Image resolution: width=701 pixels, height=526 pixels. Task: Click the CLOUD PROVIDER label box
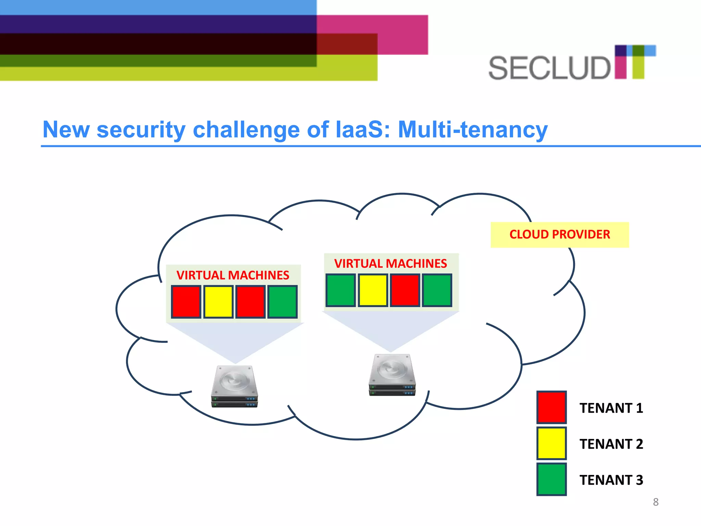(559, 235)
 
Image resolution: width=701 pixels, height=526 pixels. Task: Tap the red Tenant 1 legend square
(551, 407)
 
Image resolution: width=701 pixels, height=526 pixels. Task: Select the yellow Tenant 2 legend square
(551, 443)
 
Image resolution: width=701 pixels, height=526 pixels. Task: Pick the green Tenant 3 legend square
(551, 479)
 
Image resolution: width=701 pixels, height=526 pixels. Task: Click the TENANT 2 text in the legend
(611, 444)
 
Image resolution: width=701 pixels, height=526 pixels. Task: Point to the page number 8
(655, 502)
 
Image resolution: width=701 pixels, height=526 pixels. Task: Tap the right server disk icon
(392, 375)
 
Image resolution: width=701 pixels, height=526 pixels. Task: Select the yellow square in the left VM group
(218, 302)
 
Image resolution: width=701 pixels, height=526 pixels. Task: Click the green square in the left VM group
(282, 302)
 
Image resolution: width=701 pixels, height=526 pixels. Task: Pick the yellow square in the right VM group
(373, 290)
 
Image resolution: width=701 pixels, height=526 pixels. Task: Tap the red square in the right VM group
(405, 290)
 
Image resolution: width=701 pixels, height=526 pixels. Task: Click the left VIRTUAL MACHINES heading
(233, 275)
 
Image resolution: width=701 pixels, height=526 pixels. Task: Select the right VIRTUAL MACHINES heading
(391, 263)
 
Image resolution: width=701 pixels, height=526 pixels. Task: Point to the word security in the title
(141, 130)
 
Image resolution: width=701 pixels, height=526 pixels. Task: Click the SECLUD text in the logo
(549, 68)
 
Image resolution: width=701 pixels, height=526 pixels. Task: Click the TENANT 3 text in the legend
(611, 480)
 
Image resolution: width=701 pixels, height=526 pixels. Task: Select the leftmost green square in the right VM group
(341, 290)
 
